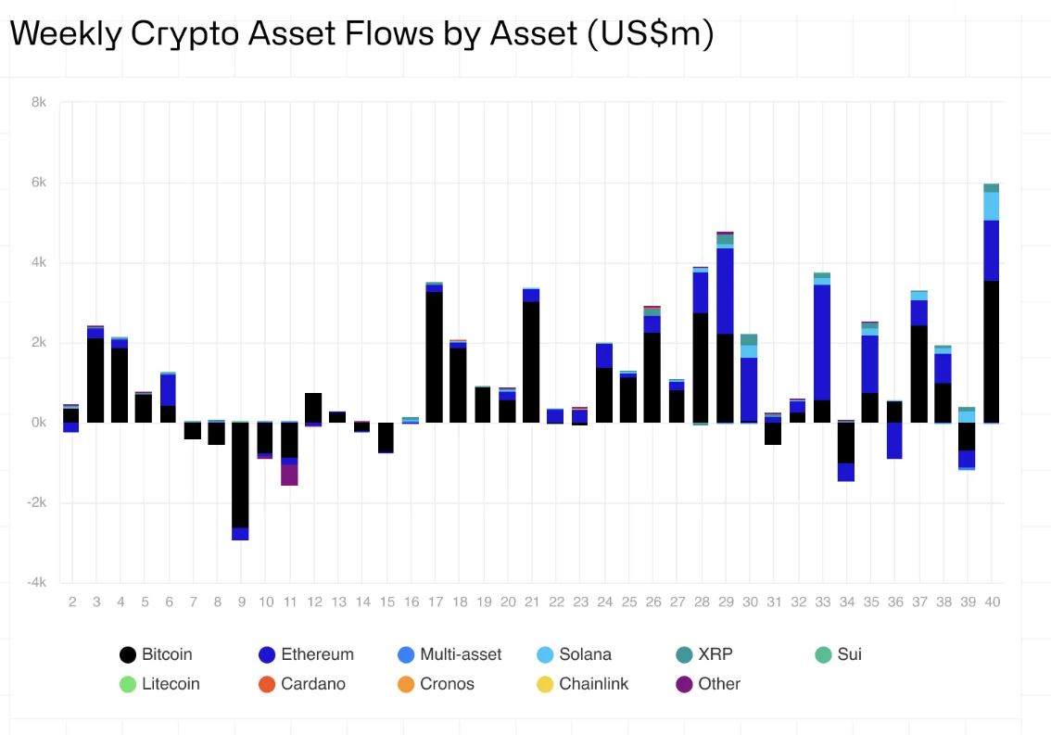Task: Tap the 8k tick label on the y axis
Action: [x=38, y=102]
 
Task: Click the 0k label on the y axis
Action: [x=38, y=423]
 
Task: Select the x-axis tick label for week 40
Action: [x=992, y=602]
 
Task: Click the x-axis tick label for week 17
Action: [x=435, y=602]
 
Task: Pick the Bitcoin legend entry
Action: [x=157, y=654]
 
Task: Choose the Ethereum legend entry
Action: [x=307, y=654]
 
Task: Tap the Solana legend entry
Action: [x=575, y=654]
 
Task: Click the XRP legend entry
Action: [x=704, y=654]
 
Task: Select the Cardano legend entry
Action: [x=302, y=684]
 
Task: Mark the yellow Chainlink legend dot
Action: [x=545, y=684]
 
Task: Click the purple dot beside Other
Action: [x=684, y=684]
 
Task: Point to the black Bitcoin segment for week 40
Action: [x=992, y=352]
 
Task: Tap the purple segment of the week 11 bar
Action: [x=289, y=475]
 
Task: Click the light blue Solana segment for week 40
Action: [x=992, y=206]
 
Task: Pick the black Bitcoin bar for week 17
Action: [x=435, y=357]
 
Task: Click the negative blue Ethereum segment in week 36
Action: [x=894, y=440]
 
